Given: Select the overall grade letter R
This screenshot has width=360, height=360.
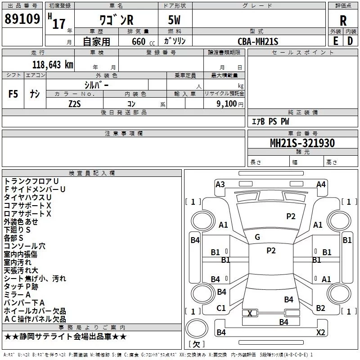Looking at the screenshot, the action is (x=343, y=21).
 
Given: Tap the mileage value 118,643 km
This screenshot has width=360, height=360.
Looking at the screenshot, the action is (x=53, y=64).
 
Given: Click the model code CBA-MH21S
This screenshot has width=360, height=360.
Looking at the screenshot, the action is (x=258, y=41).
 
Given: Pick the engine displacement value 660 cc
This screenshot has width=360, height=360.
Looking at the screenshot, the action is (x=135, y=41).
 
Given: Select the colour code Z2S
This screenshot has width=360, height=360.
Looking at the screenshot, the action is (x=75, y=103).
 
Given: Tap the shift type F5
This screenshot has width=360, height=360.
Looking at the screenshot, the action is (x=13, y=94).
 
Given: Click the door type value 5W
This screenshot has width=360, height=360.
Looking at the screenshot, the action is (x=175, y=21).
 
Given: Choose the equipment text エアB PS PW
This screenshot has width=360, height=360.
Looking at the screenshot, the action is (x=270, y=121).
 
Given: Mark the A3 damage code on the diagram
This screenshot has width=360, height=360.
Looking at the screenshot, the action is (x=220, y=184).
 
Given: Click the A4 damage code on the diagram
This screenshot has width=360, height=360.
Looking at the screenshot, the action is (x=321, y=184).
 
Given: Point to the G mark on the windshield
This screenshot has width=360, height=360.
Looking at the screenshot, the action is (x=257, y=237).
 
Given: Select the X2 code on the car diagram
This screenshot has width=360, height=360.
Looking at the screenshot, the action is (x=320, y=332).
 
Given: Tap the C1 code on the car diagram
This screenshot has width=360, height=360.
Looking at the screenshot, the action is (x=221, y=308).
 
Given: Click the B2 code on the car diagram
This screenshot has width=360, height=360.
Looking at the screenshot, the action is (x=320, y=308).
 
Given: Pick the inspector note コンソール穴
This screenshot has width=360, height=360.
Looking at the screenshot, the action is (x=25, y=246).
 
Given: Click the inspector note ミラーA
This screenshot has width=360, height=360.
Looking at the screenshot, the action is (x=17, y=295).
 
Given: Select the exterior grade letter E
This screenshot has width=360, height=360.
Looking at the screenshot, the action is (x=335, y=41).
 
